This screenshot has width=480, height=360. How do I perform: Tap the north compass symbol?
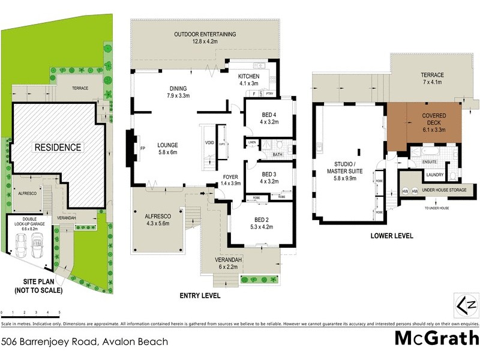[469, 305]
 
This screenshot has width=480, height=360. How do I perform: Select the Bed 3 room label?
[269, 178]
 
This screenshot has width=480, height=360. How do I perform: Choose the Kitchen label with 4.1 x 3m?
[248, 80]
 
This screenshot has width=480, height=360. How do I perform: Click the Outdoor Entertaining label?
[205, 38]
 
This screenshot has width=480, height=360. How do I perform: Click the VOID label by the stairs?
[209, 143]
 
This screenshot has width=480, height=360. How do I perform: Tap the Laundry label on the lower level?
[434, 175]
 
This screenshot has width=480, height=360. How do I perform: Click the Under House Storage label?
[444, 191]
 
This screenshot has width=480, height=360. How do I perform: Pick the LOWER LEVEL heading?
[392, 236]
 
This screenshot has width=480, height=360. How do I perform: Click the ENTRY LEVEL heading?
[200, 296]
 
